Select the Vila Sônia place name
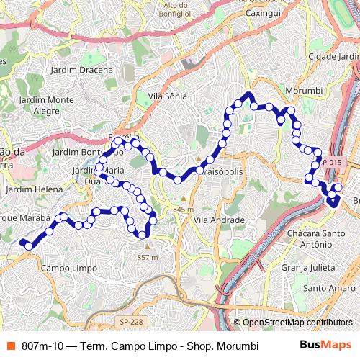click(x=167, y=95)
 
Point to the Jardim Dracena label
click(x=82, y=70)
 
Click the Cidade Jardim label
click(x=333, y=56)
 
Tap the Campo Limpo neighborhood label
click(x=69, y=268)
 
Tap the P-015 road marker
click(x=332, y=163)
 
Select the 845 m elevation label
click(x=183, y=209)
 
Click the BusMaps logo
click(x=325, y=345)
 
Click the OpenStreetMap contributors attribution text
click(x=297, y=323)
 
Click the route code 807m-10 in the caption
click(x=45, y=346)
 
